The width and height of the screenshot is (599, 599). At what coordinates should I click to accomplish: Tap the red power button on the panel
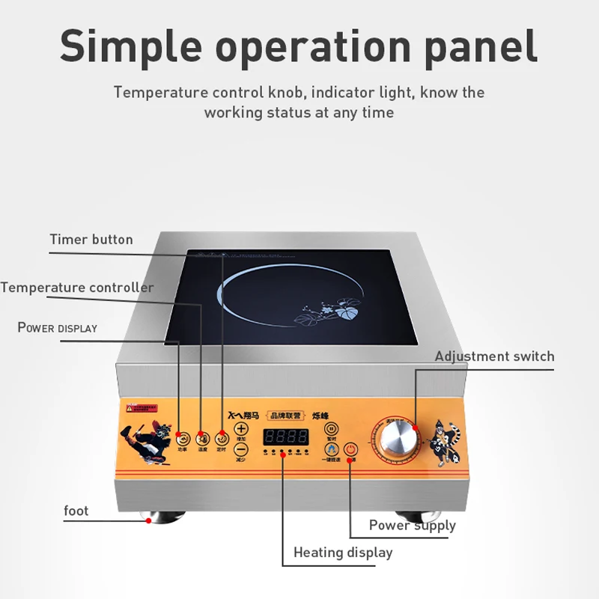coord(352,451)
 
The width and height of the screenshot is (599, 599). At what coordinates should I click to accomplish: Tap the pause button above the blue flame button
coord(331,429)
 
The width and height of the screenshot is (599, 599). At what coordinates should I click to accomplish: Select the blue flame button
coord(331,449)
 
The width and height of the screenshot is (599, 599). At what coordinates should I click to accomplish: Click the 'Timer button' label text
coord(91,240)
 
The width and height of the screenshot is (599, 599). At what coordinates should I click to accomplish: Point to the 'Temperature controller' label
coord(77,288)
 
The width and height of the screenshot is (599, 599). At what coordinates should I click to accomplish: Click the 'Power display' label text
coord(58,328)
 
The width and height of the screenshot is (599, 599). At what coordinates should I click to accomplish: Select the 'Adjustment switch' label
coord(494,356)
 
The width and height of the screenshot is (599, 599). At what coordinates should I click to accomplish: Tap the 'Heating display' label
coord(343,553)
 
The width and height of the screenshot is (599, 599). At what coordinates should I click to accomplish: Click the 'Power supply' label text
coord(412,525)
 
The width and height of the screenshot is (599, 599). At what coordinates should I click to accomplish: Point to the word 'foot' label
coord(76,511)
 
